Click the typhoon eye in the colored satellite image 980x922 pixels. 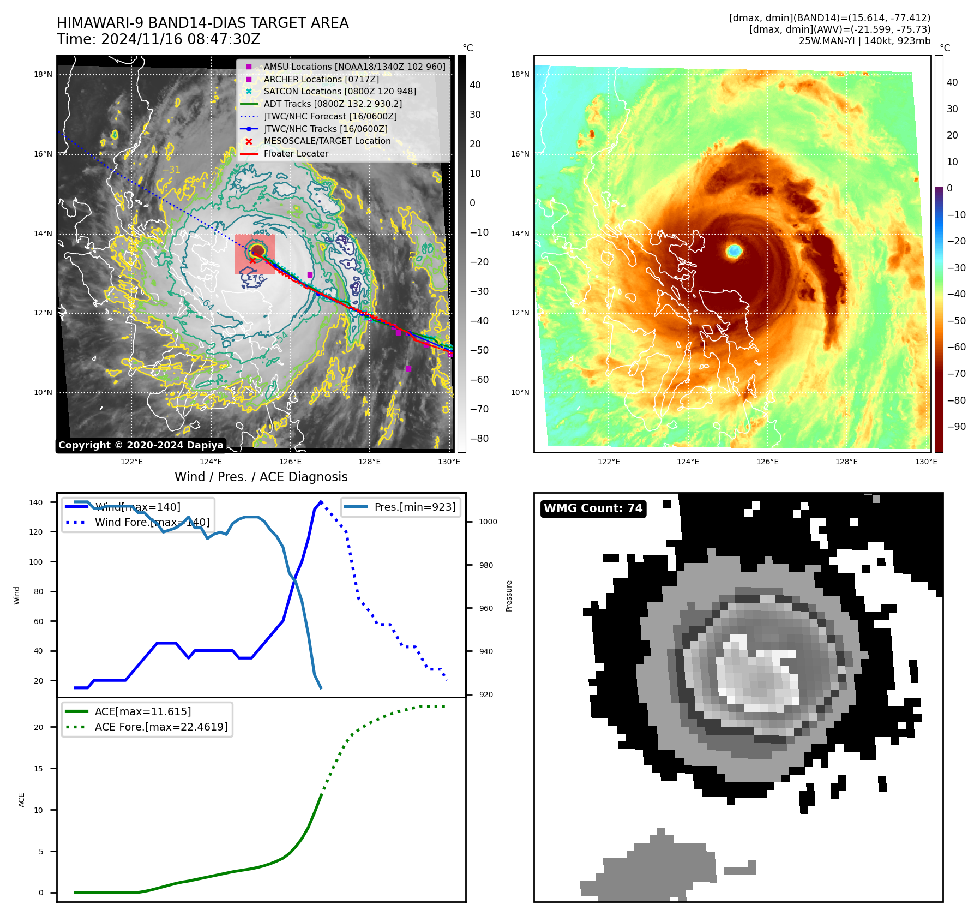click(734, 250)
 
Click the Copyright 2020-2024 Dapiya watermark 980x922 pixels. click(141, 445)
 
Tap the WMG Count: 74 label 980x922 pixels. click(593, 508)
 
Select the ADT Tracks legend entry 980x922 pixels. click(333, 104)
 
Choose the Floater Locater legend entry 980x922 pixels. click(296, 154)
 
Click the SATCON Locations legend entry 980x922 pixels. click(340, 91)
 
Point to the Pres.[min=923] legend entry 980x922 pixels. click(414, 507)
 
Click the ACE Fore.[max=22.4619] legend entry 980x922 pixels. click(161, 727)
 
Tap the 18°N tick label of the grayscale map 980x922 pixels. click(43, 75)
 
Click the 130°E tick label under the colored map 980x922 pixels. click(926, 462)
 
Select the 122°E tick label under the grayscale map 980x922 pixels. click(131, 462)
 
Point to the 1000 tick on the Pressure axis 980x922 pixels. click(488, 522)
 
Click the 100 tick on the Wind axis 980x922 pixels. click(36, 562)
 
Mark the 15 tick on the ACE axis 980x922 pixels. click(39, 769)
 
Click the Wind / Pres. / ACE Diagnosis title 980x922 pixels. click(261, 477)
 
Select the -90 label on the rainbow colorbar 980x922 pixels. click(956, 427)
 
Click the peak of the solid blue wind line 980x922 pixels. click(321, 501)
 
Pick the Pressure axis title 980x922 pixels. click(509, 596)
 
